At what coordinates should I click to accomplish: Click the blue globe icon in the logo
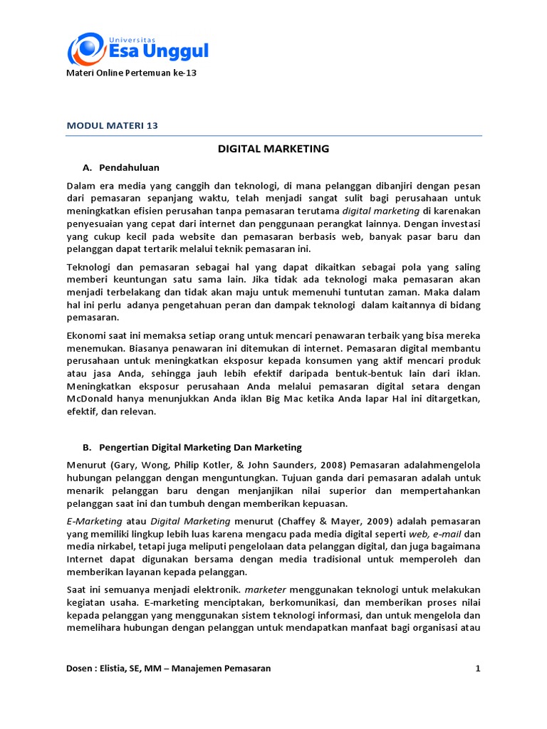[84, 48]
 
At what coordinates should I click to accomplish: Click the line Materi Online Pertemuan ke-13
[131, 73]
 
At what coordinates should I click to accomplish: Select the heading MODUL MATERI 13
[112, 125]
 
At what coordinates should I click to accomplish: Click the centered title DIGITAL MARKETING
[273, 149]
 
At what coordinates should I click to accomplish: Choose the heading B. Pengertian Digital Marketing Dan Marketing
[192, 447]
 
